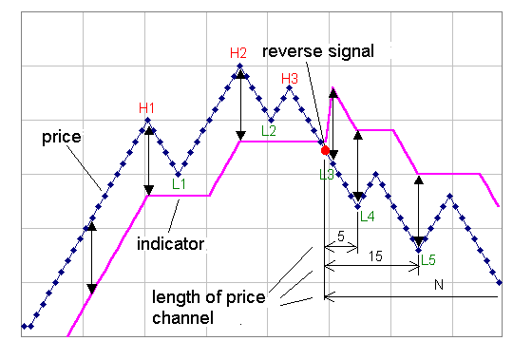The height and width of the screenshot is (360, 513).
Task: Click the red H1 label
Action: (146, 107)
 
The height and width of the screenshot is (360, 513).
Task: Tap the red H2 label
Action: (238, 52)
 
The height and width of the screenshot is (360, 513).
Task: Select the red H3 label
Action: (290, 79)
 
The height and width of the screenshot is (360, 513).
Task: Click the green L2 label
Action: (269, 131)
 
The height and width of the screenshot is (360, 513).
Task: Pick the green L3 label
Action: (327, 174)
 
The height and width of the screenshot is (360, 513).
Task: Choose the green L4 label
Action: (368, 217)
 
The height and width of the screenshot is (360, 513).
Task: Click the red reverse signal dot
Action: (325, 150)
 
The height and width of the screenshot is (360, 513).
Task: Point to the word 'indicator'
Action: (171, 244)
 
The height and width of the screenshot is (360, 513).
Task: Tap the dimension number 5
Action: (340, 236)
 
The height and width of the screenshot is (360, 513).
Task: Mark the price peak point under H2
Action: (241, 66)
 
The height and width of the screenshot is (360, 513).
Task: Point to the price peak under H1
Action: (148, 120)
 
